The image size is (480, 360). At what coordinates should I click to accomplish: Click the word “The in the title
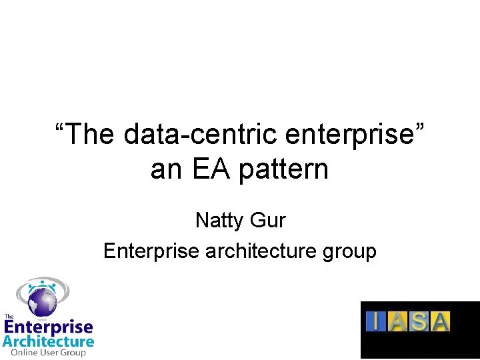coord(85,135)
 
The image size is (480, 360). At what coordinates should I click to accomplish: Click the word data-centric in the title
coord(199,135)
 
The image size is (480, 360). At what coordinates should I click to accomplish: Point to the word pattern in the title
coord(283,171)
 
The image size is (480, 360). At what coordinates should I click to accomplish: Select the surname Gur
coord(269,219)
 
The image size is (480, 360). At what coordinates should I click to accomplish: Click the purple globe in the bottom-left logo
coord(42,301)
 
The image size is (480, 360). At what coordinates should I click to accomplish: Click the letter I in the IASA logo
coord(377,321)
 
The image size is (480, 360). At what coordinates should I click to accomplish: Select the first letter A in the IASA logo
coord(398,321)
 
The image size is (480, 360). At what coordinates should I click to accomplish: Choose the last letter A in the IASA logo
coord(441,321)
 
